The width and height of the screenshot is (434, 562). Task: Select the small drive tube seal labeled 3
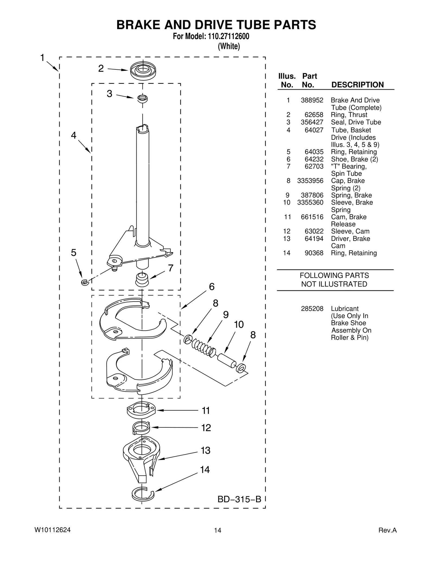click(142, 99)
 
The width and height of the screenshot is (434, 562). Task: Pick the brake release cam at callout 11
click(141, 410)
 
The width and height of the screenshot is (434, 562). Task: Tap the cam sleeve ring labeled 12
click(141, 428)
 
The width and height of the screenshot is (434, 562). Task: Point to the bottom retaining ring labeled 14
click(143, 494)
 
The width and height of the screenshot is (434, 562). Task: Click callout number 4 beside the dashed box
click(74, 135)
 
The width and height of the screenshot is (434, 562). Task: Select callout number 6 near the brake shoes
click(212, 287)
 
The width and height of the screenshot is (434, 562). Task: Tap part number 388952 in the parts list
click(312, 100)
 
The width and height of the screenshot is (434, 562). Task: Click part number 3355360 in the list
click(310, 202)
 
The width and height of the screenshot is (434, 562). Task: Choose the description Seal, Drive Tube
click(356, 122)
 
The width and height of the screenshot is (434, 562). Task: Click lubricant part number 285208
click(312, 309)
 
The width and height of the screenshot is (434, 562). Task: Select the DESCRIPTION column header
click(358, 85)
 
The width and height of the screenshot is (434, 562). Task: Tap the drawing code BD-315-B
click(239, 499)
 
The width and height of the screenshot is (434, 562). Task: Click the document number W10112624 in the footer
click(53, 530)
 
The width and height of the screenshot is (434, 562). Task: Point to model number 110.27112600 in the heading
click(228, 36)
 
